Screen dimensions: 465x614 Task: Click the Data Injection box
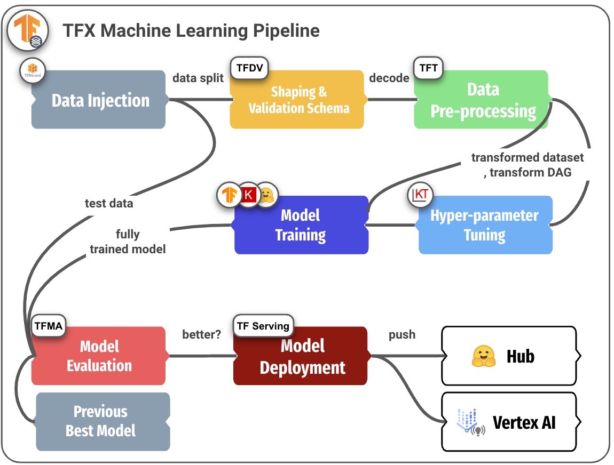99,100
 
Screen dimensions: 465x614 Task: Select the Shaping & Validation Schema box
297,100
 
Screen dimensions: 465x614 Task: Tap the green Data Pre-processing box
482,100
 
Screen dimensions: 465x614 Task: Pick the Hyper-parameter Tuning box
485,225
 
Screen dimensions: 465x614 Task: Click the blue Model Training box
301,225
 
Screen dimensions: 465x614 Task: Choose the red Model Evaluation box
99,356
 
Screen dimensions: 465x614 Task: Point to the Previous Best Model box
101,421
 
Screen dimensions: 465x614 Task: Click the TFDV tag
249,68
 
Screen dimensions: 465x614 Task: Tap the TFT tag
428,68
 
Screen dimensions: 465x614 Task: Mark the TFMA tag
48,325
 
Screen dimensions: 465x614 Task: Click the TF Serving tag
263,326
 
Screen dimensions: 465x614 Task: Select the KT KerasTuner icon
421,195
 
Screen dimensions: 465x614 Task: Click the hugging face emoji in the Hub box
484,356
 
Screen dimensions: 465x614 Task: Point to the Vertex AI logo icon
470,422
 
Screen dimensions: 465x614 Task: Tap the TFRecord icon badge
33,70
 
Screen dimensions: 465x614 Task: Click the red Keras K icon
248,195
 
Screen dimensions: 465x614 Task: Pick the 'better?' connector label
201,335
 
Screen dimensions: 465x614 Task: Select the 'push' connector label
402,335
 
